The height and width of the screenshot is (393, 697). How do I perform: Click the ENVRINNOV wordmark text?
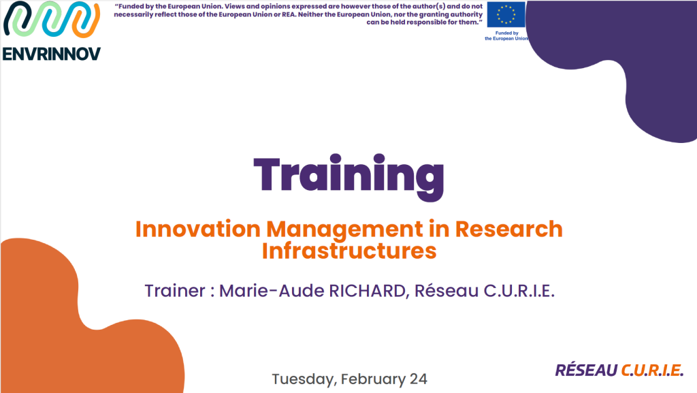[52, 54]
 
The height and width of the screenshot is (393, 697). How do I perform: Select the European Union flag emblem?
[506, 15]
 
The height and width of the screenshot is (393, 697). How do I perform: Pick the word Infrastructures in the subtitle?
[348, 251]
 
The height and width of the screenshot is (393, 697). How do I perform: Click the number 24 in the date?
[418, 379]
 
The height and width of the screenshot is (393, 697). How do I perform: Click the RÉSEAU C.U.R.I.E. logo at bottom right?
[619, 371]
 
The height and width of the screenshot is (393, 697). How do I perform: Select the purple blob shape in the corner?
[626, 68]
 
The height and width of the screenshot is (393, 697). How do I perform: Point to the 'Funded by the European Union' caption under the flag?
[506, 35]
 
